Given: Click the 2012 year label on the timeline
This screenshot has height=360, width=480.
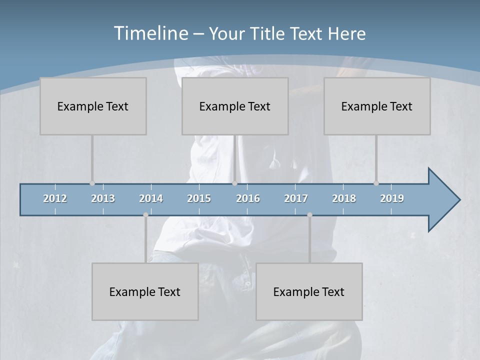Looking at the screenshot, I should point(55,198).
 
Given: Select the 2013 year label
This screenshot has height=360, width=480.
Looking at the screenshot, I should point(103,198).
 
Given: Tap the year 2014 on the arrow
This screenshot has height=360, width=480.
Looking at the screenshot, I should point(151,198).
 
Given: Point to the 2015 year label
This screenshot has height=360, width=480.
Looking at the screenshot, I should point(199,198).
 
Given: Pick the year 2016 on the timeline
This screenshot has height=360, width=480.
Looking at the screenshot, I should point(248,198).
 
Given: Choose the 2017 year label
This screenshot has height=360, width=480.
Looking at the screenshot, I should point(296,198).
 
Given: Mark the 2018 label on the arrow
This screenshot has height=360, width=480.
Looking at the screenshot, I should point(344,198).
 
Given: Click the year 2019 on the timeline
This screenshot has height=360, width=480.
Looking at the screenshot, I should point(392,198).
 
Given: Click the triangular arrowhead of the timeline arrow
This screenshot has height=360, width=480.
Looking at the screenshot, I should point(442,200).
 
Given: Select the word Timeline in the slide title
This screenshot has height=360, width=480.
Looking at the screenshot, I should point(150,33).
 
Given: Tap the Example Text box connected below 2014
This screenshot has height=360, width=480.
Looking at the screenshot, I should point(145,291).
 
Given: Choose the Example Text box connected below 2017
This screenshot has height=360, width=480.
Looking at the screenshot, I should point(309,291).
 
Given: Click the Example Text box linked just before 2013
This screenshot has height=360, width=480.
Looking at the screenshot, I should point(93,106).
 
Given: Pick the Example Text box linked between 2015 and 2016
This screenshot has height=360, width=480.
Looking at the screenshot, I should point(235,106).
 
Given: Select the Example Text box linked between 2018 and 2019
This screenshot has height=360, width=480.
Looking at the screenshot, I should point(377,106).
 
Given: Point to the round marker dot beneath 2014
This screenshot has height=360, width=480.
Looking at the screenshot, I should point(145,215).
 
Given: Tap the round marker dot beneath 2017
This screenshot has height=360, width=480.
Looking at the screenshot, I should point(309,215).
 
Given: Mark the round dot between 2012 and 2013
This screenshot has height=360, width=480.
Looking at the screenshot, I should point(92,183).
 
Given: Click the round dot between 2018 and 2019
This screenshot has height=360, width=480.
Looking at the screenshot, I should point(376,183).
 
